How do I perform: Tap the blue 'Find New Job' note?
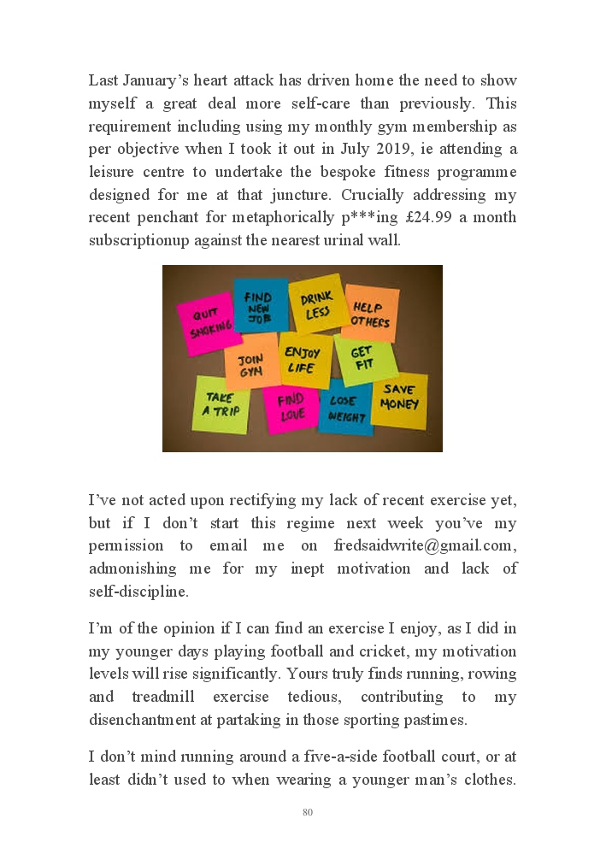(x=259, y=305)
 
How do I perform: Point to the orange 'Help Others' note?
(x=370, y=314)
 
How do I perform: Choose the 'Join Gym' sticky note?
(x=250, y=363)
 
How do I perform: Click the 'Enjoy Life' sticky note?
(x=303, y=360)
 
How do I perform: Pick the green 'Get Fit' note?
(x=364, y=359)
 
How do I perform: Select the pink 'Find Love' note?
(x=291, y=408)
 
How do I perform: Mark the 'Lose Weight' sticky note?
(x=346, y=408)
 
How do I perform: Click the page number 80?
(x=308, y=812)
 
